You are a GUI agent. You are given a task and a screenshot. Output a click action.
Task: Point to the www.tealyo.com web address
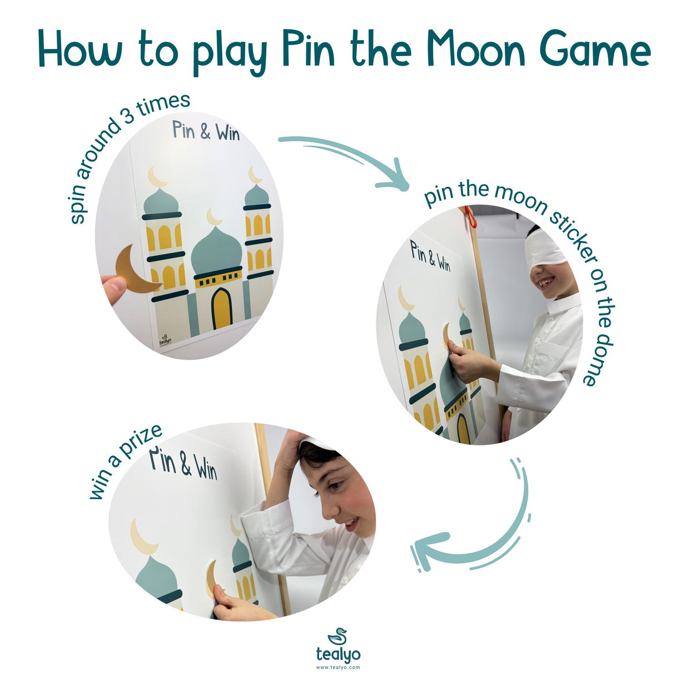[x=337, y=667]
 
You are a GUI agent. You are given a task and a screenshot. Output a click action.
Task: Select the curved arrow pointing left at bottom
[x=473, y=534]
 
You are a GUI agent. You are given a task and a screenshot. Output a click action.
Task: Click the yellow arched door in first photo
[x=221, y=309]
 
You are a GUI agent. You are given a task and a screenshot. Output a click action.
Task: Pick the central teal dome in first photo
[x=216, y=251]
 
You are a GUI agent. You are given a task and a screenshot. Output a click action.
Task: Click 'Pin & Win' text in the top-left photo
[x=205, y=132]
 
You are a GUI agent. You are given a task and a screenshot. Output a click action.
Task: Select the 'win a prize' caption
[x=125, y=461]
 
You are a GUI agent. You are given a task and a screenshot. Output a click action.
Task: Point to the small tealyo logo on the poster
[x=165, y=340]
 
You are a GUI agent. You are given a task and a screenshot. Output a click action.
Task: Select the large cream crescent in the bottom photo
[x=142, y=537]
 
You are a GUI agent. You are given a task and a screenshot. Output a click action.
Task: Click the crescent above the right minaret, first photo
[x=255, y=175]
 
